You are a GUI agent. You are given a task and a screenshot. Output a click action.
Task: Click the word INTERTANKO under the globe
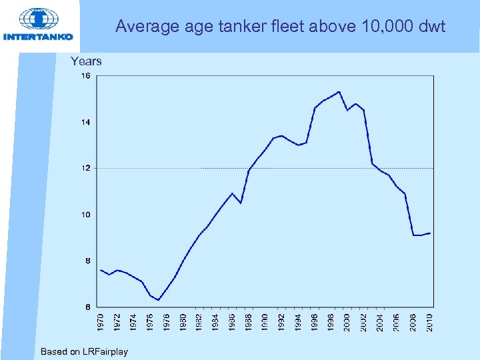pyautogui.click(x=38, y=37)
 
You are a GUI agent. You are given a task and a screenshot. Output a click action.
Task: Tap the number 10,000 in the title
pyautogui.click(x=381, y=27)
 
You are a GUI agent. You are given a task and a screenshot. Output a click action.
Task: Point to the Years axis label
pyautogui.click(x=86, y=61)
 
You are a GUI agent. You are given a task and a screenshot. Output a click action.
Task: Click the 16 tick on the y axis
pyautogui.click(x=86, y=76)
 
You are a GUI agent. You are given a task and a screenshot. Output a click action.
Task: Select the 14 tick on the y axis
pyautogui.click(x=86, y=122)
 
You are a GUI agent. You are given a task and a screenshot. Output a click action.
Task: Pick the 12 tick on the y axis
pyautogui.click(x=86, y=168)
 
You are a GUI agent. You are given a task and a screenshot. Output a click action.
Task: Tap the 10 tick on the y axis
pyautogui.click(x=86, y=215)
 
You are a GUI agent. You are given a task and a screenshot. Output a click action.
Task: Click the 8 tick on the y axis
pyautogui.click(x=87, y=261)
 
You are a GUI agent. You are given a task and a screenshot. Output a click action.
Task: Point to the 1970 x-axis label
pyautogui.click(x=101, y=321)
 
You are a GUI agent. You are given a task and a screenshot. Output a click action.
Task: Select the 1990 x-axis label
pyautogui.click(x=265, y=321)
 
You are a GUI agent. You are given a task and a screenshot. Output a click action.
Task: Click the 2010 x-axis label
pyautogui.click(x=430, y=321)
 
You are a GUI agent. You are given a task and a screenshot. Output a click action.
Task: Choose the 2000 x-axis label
pyautogui.click(x=347, y=321)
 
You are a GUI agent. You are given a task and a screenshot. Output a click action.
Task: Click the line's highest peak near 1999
pyautogui.click(x=339, y=92)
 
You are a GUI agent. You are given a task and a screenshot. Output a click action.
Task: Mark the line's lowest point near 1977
pyautogui.click(x=158, y=300)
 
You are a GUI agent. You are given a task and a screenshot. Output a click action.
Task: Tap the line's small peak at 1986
pyautogui.click(x=232, y=193)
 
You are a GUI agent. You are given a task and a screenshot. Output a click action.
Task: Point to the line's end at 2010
pyautogui.click(x=430, y=233)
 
